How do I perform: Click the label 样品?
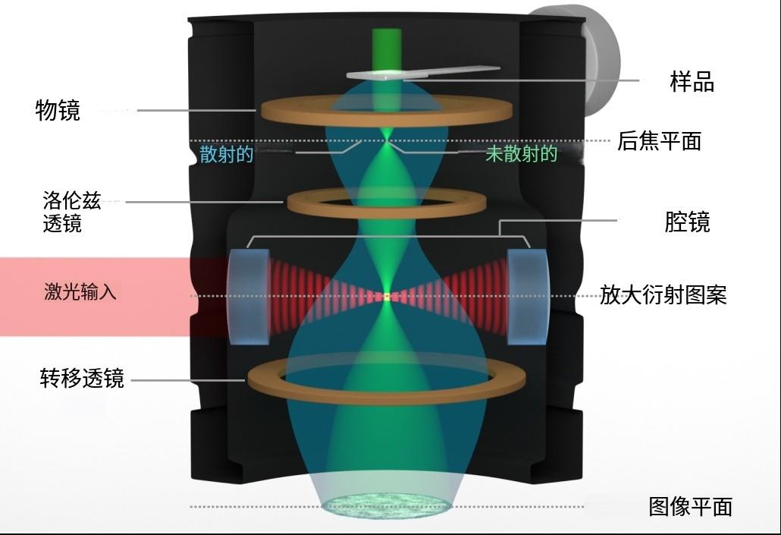pos(692,81)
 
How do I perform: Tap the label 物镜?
pos(58,111)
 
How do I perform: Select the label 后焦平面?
pos(659,141)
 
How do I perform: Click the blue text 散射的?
pos(226,154)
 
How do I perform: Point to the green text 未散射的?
pos(521,154)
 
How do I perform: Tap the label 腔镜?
pos(686,222)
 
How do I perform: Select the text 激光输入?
pos(80,292)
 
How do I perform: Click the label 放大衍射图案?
pos(663,294)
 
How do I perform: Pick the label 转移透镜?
pos(82,378)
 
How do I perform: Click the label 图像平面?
pos(690,506)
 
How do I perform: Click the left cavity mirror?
pos(248,295)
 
